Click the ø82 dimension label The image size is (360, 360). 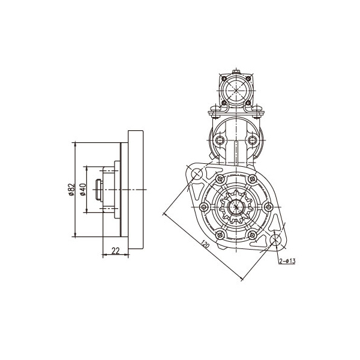72,190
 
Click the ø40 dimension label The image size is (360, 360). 83,190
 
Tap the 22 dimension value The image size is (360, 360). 115,251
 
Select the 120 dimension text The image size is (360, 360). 205,244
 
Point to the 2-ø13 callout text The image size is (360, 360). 287,261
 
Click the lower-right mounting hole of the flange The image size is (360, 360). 275,239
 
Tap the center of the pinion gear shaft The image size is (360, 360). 236,207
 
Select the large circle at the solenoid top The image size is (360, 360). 236,90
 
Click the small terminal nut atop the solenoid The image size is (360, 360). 236,72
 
